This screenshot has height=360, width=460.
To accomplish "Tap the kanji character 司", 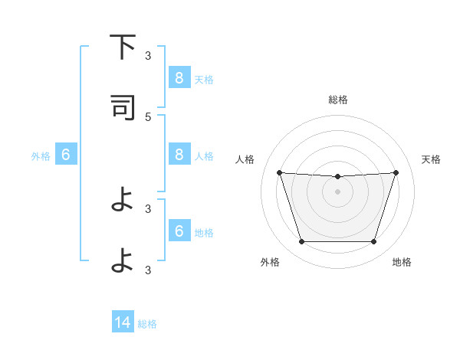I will (x=123, y=108).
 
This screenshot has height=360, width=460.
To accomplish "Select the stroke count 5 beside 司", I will (x=148, y=116).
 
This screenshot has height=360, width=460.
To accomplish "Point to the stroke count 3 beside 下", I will (x=148, y=55).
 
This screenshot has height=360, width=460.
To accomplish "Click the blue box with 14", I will (x=123, y=322).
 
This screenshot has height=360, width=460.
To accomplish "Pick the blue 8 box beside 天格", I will (x=179, y=77).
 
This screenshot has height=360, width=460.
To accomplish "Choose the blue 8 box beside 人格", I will (x=179, y=155).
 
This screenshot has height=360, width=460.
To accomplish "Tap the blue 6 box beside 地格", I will (x=179, y=231).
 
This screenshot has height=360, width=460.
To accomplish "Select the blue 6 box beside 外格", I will (x=66, y=155).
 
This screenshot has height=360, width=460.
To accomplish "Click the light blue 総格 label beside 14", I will (x=147, y=324).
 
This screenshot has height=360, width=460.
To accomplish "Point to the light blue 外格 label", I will (x=41, y=156).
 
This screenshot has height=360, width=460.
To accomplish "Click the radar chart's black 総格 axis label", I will (x=337, y=100).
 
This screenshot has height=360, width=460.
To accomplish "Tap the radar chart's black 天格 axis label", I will (x=431, y=159).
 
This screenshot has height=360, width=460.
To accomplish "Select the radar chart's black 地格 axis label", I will (x=402, y=262).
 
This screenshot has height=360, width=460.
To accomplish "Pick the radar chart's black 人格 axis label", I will (x=245, y=159).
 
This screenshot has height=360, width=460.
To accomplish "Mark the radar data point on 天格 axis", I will (x=396, y=172).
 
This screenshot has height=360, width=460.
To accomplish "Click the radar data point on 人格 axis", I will (x=279, y=172).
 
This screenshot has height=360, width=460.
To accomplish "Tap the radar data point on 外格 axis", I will (x=301, y=242).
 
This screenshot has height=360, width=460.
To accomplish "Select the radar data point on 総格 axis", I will (x=337, y=177).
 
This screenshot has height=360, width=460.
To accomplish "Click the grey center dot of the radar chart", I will (x=337, y=191).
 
